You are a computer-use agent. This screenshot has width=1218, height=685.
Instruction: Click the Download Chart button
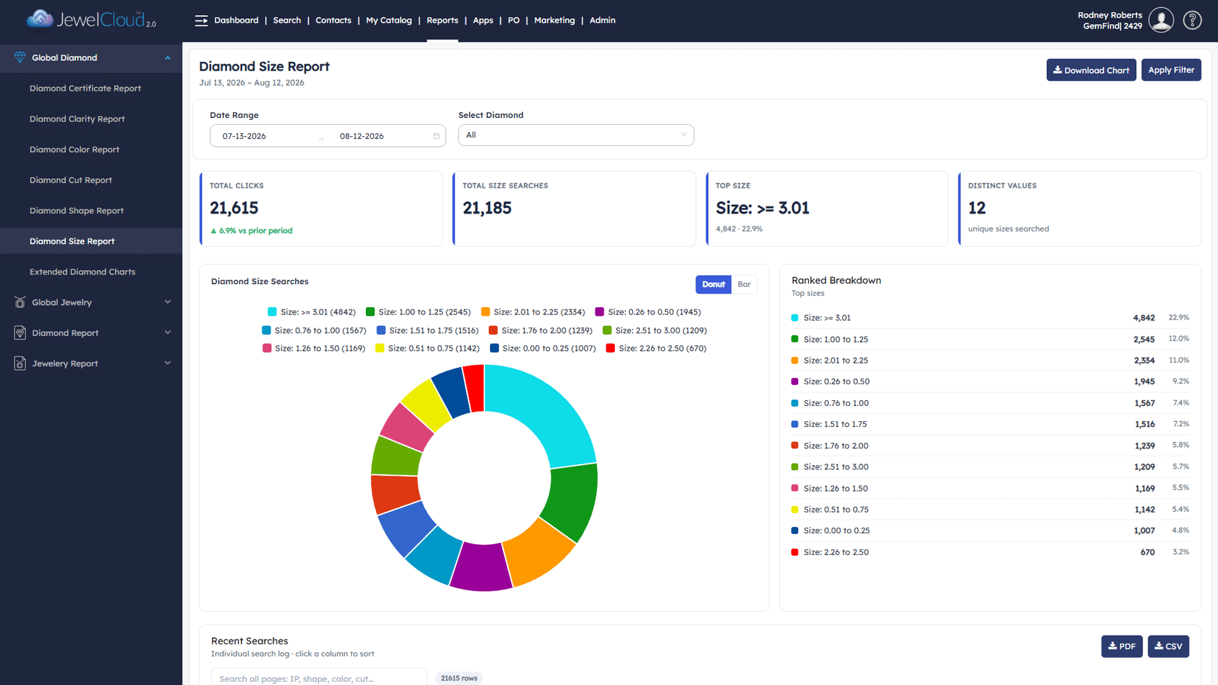(1091, 70)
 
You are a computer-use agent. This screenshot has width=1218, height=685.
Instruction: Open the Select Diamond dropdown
(576, 135)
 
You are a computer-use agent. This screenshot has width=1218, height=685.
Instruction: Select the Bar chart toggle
(744, 284)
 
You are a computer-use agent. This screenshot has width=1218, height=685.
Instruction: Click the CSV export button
(1168, 646)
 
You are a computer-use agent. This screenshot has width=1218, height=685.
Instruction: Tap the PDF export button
(1122, 646)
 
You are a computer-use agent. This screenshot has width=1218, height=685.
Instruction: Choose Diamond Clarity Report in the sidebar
(77, 119)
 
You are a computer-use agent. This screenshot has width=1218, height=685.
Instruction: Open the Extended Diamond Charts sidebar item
(82, 271)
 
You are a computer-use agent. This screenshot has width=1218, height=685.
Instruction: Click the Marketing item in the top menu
(554, 20)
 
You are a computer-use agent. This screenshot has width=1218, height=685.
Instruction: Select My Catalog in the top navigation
(389, 20)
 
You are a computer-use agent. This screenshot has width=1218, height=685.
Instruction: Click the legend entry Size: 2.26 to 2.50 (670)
(656, 348)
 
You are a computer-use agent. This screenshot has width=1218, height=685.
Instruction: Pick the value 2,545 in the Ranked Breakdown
(1144, 339)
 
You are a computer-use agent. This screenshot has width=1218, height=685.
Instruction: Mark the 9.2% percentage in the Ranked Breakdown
(1181, 381)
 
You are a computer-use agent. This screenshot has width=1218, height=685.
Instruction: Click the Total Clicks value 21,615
(234, 208)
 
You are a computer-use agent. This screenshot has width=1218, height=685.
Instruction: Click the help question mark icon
(1192, 20)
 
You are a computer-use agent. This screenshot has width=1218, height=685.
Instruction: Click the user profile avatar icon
(1161, 20)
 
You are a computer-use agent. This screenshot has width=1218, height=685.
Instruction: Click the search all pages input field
(319, 678)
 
